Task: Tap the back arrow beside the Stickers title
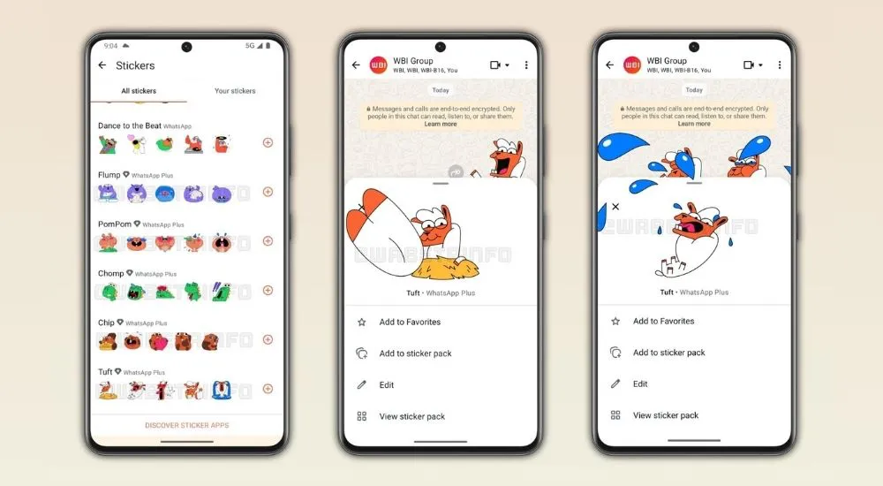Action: [x=102, y=65]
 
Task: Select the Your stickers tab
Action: [x=235, y=91]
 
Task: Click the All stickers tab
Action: [x=138, y=91]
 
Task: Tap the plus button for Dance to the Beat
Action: [x=268, y=142]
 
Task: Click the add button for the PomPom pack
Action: [x=268, y=241]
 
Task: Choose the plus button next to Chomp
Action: [x=268, y=290]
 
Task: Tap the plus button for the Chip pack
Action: [x=268, y=339]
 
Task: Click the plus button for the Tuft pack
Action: [x=268, y=389]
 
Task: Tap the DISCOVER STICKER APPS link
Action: [x=186, y=426]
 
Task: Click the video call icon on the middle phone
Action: [x=495, y=65]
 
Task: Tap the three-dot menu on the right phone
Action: [x=780, y=65]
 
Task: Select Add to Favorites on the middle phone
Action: [x=410, y=323]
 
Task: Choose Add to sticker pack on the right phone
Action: [x=668, y=353]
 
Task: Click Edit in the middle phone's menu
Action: [x=386, y=385]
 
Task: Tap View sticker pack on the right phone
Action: [x=665, y=415]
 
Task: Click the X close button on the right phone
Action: [x=615, y=207]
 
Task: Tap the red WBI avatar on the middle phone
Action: [x=378, y=65]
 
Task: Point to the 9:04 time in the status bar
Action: [x=110, y=45]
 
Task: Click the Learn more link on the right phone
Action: [x=694, y=124]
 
